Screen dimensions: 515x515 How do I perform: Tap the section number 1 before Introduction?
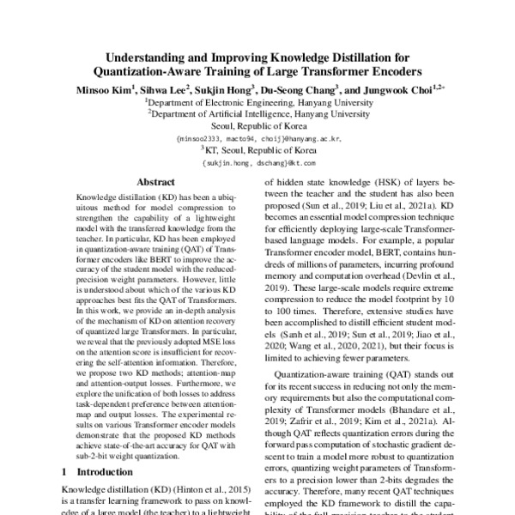[x=65, y=472]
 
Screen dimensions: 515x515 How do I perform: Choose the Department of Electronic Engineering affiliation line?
[x=257, y=101]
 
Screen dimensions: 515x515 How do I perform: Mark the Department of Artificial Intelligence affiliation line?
[x=257, y=113]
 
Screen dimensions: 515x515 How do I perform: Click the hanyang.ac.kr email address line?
[x=257, y=137]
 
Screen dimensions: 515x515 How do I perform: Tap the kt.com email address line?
[x=257, y=161]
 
